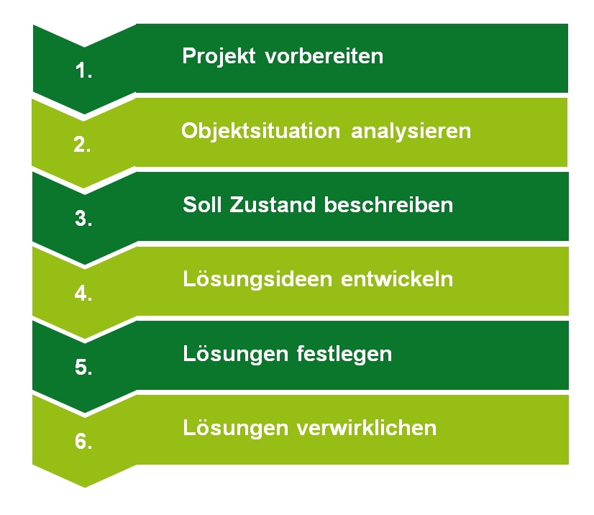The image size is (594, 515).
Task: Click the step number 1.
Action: pos(83,70)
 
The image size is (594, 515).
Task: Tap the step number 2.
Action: pos(82,145)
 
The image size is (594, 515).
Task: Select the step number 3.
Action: pos(83,218)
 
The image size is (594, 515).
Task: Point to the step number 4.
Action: pos(83,293)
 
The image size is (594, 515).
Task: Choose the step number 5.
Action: pos(83,368)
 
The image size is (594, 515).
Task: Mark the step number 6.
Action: pos(83,442)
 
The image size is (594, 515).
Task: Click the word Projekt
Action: pos(219,57)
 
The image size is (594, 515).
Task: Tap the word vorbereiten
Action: pos(324,57)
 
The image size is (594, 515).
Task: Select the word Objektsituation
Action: pos(260,132)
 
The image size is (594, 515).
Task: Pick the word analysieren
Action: pos(411,132)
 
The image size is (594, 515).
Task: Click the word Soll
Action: pos(202,205)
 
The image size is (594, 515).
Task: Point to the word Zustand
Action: pos(273,205)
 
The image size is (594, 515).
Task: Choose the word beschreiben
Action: pos(388,205)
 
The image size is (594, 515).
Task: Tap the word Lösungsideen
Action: pos(257,279)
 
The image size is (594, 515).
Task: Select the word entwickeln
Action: pos(397,279)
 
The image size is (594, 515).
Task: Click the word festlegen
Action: pos(344,355)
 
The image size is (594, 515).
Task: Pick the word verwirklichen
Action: pos(366,428)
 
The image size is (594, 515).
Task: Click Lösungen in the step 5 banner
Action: pos(236,354)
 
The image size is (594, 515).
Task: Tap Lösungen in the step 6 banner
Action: pos(236,428)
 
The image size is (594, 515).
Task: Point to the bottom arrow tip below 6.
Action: pos(84,488)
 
